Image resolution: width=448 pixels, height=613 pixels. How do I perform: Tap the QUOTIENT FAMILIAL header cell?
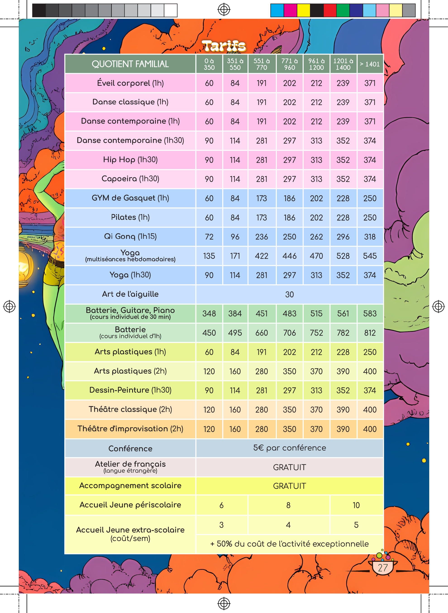coord(130,64)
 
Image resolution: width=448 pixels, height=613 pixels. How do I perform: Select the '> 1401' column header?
coord(370,64)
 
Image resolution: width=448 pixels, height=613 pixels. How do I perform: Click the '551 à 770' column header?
coord(262,64)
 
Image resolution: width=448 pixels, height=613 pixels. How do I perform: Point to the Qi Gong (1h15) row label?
coord(130,236)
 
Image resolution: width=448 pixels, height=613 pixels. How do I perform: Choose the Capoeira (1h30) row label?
coord(130,179)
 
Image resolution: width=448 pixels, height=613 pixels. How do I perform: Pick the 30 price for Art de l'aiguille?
coord(289,295)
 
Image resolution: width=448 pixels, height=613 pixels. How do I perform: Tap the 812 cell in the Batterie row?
coord(370,333)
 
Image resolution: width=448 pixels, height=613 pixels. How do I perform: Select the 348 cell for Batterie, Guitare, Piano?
coord(209,314)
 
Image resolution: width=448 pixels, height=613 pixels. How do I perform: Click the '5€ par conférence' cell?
coord(289,448)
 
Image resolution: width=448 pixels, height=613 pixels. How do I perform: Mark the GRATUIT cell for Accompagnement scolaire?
coord(289,486)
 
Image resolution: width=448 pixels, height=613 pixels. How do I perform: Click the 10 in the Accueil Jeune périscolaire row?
coord(356,505)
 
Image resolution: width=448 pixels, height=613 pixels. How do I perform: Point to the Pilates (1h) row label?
coord(130,217)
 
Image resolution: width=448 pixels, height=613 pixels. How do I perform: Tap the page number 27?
coord(383,568)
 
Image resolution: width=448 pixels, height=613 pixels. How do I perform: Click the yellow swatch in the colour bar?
coord(303,11)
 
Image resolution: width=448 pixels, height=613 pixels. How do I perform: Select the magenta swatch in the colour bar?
coord(290,11)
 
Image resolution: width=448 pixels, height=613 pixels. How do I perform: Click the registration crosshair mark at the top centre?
coord(224,10)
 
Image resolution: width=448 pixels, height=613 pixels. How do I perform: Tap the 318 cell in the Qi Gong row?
coord(370,237)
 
